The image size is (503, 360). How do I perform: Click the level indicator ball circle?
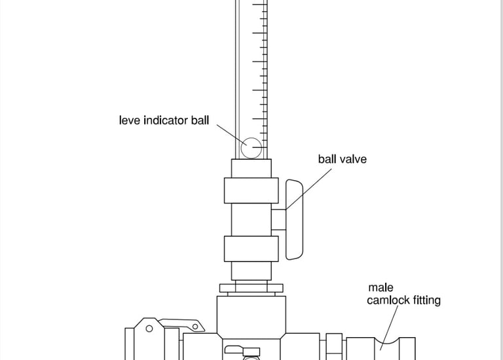251,147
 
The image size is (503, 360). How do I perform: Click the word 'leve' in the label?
130,120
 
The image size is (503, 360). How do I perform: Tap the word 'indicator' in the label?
166,120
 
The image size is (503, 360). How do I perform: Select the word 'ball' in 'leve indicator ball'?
199,120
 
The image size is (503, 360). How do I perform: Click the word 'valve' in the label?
354,159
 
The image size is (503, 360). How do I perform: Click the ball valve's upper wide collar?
251,190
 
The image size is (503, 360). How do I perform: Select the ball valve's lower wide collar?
251,249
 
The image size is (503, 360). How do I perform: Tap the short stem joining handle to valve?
278,219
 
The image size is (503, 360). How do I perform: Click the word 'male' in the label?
381,287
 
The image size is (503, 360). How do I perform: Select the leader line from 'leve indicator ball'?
229,134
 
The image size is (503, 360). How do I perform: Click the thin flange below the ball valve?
251,287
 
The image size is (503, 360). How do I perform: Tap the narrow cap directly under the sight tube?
251,168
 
